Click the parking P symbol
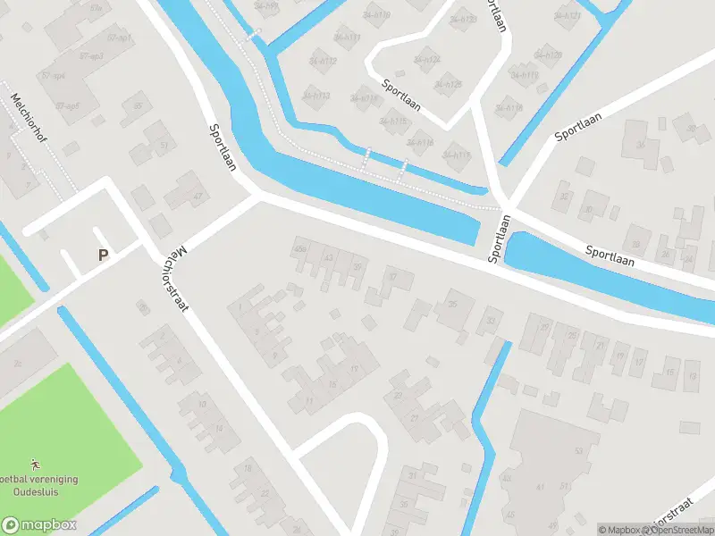103,255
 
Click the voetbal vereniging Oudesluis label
40,485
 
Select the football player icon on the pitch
35,465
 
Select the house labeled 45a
300,250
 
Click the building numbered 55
138,106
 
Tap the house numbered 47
198,197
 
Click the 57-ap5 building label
67,105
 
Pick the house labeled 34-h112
323,62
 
